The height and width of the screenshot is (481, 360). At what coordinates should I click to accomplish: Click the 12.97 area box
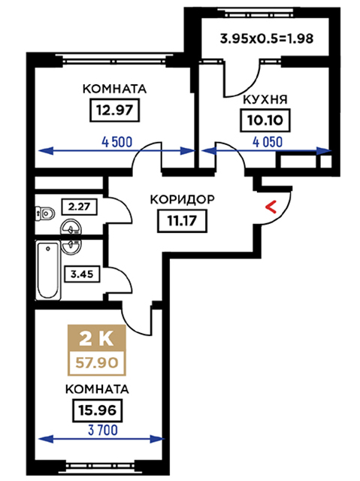[115, 110]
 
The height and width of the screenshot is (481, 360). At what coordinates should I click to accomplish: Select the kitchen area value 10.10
[265, 120]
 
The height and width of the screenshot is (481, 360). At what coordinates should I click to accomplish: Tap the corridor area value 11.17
[182, 220]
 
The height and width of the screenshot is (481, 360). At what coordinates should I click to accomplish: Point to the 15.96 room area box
[98, 410]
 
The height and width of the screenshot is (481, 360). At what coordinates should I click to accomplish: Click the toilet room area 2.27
[80, 207]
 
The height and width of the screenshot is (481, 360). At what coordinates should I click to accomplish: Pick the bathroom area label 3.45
[82, 274]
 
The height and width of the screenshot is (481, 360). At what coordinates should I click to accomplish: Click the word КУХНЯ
[265, 100]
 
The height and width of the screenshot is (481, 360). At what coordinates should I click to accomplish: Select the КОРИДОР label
[182, 199]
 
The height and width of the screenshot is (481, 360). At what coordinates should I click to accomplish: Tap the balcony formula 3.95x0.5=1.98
[267, 39]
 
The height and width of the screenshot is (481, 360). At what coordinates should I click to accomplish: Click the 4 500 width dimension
[117, 142]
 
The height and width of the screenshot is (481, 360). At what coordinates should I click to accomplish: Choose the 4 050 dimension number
[268, 142]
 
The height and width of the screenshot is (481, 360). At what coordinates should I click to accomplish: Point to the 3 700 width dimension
[103, 430]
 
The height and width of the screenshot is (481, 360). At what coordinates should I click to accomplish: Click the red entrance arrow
[271, 207]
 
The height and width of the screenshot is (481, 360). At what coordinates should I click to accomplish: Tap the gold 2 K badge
[97, 338]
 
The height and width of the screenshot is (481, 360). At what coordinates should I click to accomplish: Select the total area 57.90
[97, 363]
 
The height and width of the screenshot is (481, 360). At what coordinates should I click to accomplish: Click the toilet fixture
[45, 213]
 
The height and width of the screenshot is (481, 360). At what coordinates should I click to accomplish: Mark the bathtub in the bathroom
[48, 270]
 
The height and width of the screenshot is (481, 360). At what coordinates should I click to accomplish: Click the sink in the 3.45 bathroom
[71, 247]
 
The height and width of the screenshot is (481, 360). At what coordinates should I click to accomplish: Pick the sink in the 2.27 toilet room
[71, 228]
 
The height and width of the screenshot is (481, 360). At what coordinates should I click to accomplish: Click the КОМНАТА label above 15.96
[97, 389]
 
